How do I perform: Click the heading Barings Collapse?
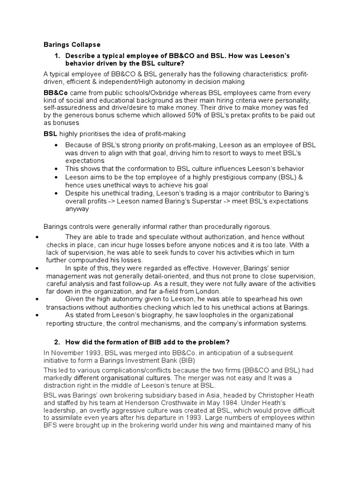pos(72,45)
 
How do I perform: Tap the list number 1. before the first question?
pos(57,56)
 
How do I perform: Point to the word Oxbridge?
pos(149,93)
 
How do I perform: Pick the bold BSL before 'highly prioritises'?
pos(50,134)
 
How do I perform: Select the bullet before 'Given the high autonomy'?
pos(37,299)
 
